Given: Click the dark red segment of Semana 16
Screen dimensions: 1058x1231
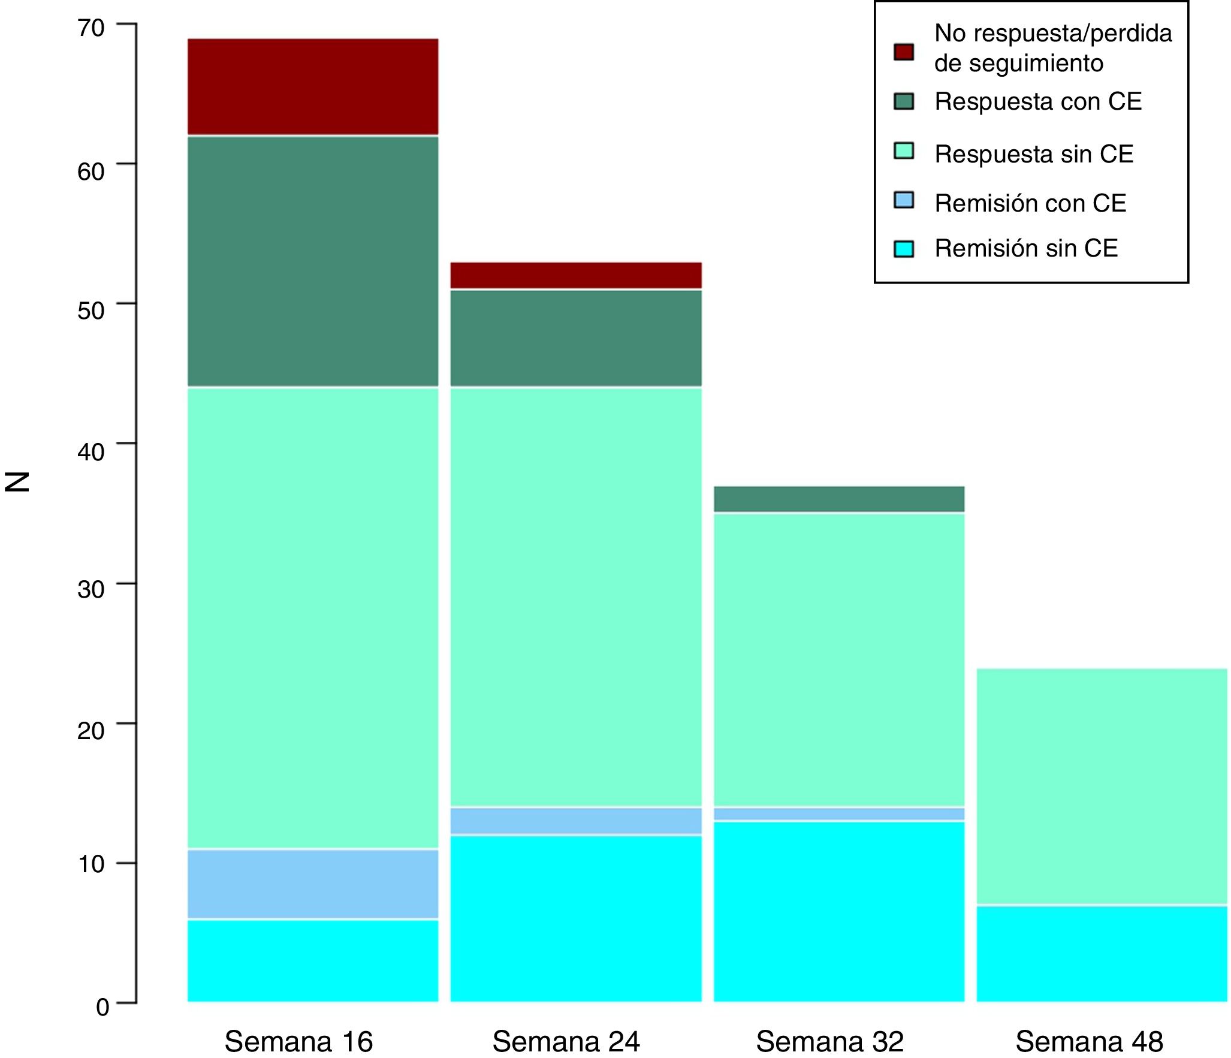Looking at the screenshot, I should pyautogui.click(x=313, y=87).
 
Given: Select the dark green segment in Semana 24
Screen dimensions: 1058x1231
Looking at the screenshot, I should pyautogui.click(x=576, y=338).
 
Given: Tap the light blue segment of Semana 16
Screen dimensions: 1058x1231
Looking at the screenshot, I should pyautogui.click(x=313, y=884).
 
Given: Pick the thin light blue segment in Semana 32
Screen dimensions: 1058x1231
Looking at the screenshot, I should pyautogui.click(x=839, y=813).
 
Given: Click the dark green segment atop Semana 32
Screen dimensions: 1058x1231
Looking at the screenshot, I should pyautogui.click(x=839, y=499).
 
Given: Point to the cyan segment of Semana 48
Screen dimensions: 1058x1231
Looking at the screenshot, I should pyautogui.click(x=1102, y=953).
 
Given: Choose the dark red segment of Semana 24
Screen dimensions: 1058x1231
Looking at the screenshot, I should pyautogui.click(x=576, y=275).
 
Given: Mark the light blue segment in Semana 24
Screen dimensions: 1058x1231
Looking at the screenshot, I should pyautogui.click(x=576, y=821).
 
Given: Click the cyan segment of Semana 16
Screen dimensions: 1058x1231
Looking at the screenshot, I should pyautogui.click(x=313, y=960).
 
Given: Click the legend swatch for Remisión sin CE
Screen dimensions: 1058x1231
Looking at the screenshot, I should pyautogui.click(x=904, y=249).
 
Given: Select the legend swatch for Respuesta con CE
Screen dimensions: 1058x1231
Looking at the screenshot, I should pyautogui.click(x=904, y=101).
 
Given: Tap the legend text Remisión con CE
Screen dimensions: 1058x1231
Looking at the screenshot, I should pyautogui.click(x=1030, y=203).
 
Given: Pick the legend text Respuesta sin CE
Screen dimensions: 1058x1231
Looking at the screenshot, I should pyautogui.click(x=1034, y=154).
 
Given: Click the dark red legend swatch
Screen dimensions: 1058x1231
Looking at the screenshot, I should pyautogui.click(x=904, y=52).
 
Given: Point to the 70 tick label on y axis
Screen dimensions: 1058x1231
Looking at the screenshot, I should pyautogui.click(x=91, y=28).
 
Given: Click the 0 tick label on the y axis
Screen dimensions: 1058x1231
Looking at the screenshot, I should pyautogui.click(x=102, y=1007).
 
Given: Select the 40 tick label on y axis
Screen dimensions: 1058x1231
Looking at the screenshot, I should pyautogui.click(x=91, y=451).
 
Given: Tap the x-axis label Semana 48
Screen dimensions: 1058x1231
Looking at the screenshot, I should pyautogui.click(x=1089, y=1041).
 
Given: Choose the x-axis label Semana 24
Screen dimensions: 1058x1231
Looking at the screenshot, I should pyautogui.click(x=566, y=1041).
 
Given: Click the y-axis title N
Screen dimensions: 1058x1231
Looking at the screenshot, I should pyautogui.click(x=17, y=481).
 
